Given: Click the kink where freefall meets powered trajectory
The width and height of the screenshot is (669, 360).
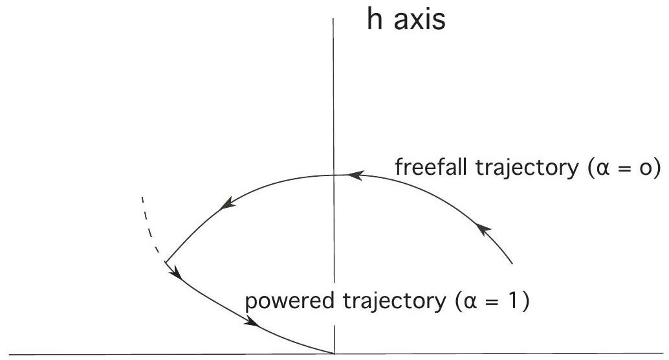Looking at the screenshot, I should [x=166, y=262].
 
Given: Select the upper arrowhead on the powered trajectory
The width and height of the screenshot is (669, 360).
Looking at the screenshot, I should [x=176, y=275].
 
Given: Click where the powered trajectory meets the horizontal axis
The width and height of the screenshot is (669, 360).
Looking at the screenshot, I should [x=334, y=354].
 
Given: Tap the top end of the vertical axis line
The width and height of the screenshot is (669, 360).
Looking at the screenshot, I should [x=334, y=19].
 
